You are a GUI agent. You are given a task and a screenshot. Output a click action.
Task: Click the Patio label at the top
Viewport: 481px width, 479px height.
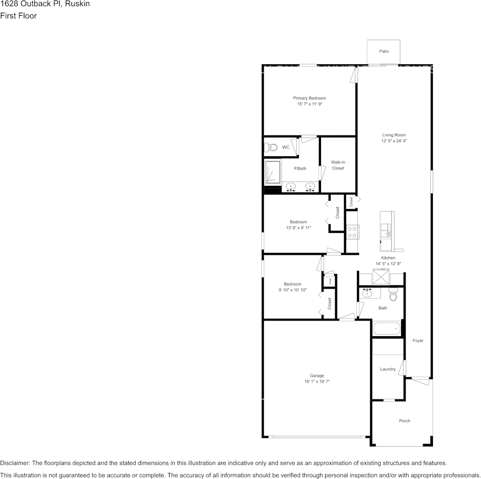(384, 51)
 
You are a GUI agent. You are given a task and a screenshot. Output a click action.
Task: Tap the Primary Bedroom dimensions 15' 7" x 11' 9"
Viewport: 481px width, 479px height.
(309, 104)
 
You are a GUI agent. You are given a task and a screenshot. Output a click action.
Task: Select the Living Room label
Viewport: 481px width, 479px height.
(394, 135)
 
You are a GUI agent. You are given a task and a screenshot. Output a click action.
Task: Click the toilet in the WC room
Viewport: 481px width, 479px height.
(271, 147)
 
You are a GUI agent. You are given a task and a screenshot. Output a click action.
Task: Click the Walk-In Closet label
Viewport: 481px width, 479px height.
(338, 165)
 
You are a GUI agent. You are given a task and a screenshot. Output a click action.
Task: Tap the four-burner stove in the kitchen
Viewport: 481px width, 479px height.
(352, 232)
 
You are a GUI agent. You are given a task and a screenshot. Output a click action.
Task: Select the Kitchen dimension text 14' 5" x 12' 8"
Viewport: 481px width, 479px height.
(388, 264)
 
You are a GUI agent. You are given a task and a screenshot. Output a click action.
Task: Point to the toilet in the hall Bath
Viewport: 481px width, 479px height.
(393, 294)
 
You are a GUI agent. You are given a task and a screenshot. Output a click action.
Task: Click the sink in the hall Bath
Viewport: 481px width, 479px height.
(367, 293)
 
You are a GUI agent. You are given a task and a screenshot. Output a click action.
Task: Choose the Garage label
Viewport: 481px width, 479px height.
(317, 376)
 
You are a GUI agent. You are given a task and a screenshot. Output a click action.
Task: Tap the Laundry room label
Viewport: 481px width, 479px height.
(387, 369)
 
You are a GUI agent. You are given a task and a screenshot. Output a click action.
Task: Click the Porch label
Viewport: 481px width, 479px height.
(404, 421)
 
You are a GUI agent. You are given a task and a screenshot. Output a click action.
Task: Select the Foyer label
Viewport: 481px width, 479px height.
(418, 341)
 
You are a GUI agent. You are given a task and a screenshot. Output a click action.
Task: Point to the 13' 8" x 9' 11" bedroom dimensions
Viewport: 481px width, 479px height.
(298, 228)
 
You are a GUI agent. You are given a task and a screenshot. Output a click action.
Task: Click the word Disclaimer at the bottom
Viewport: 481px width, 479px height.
(15, 463)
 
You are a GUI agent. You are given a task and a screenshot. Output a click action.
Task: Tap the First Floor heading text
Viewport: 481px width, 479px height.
(19, 16)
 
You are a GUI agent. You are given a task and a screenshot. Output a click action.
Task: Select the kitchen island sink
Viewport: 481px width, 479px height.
(387, 233)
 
